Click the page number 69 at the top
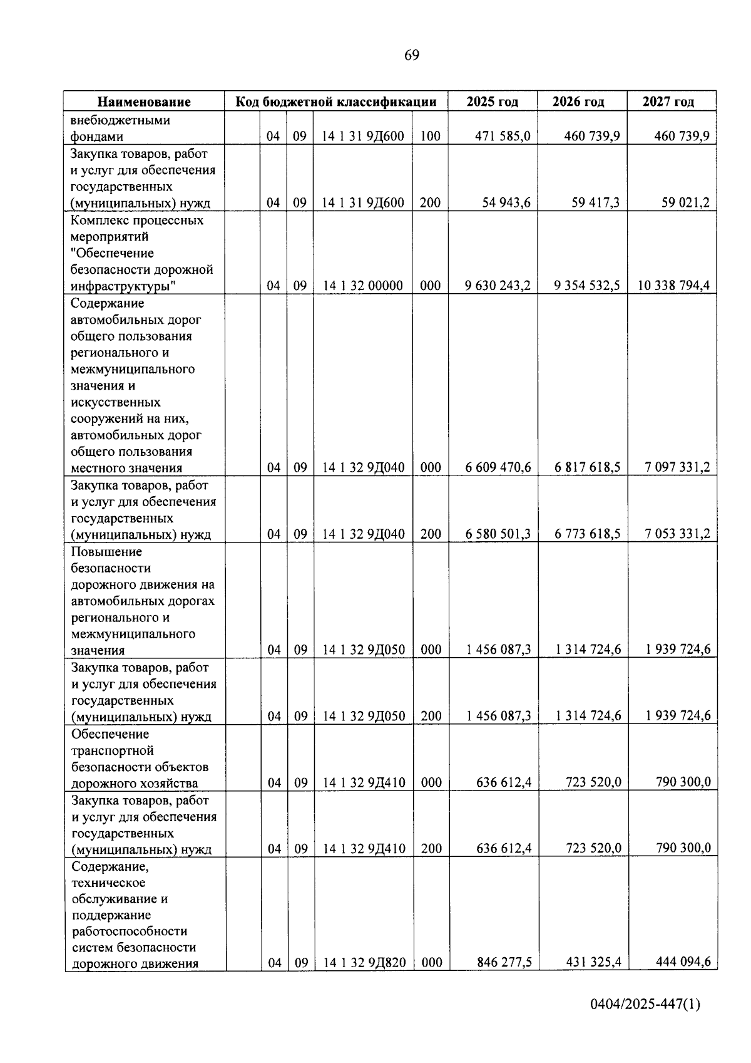[x=411, y=56]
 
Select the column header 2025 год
[x=492, y=101]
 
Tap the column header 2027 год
[x=668, y=101]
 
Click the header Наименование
[x=144, y=101]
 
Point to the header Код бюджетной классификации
[x=335, y=101]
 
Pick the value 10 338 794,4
[x=673, y=286]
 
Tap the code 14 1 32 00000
[x=362, y=286]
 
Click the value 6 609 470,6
[x=498, y=467]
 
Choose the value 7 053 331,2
[x=677, y=534]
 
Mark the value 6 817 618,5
[x=588, y=467]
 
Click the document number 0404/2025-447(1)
[x=645, y=1022]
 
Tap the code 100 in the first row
[x=430, y=136]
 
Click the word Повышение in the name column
[x=106, y=552]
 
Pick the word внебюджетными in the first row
[x=120, y=120]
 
